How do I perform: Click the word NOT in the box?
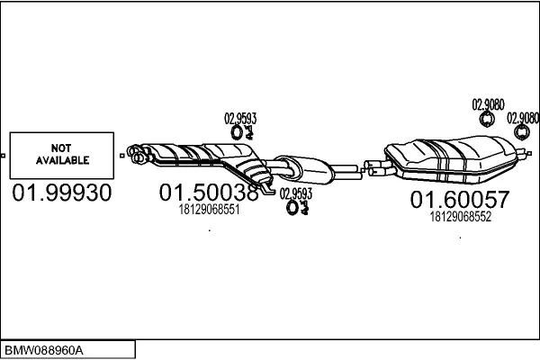click(61, 148)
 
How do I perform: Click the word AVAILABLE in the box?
click(62, 160)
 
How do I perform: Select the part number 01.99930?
click(62, 193)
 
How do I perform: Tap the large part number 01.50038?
click(209, 193)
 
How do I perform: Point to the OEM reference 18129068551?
click(209, 210)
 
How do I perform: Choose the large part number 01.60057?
click(460, 199)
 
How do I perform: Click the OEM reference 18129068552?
click(461, 217)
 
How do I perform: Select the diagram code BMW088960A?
click(44, 350)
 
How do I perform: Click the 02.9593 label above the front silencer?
click(240, 119)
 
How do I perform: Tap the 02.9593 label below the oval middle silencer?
click(296, 193)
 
